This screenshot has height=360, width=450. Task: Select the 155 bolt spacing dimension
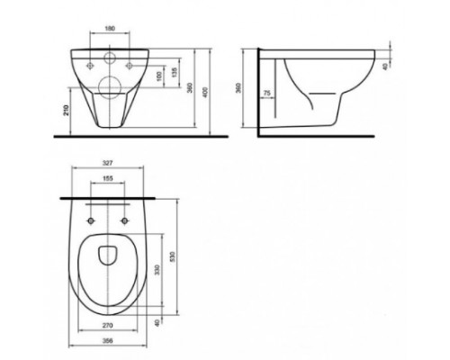(108, 180)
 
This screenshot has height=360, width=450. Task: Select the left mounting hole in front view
(90, 64)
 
